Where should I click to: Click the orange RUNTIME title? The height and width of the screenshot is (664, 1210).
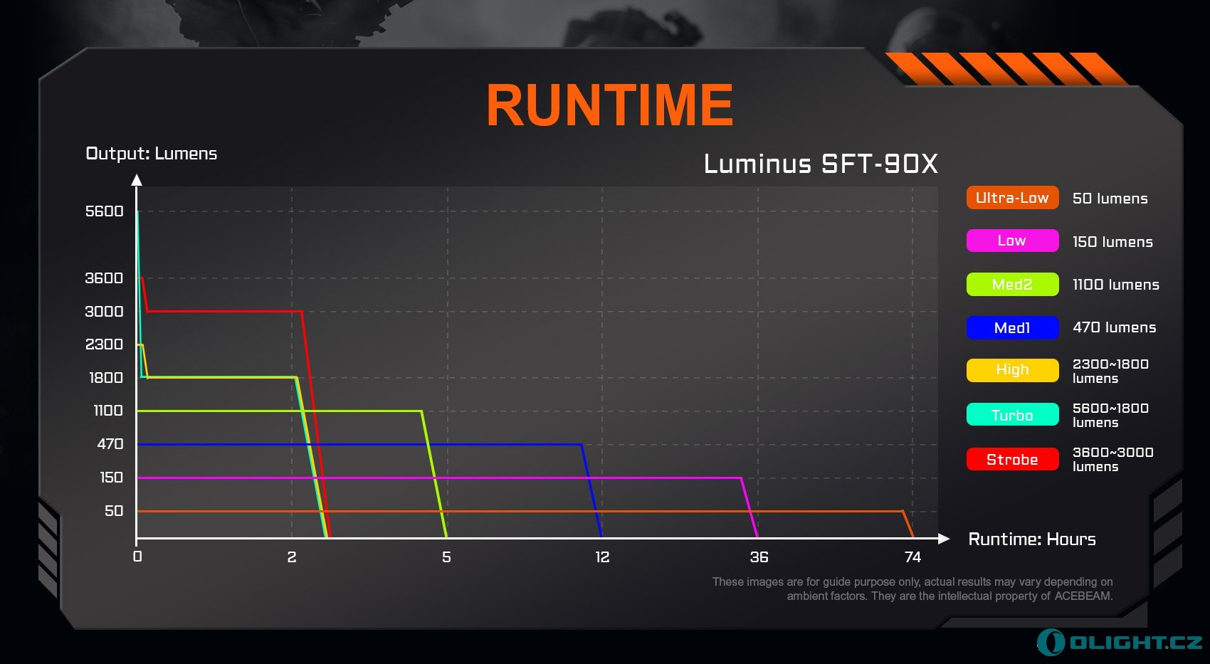(610, 105)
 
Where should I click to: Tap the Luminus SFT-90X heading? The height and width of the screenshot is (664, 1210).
(821, 164)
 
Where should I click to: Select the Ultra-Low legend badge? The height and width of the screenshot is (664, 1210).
(1012, 198)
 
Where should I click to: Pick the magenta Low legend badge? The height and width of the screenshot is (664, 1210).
(1012, 241)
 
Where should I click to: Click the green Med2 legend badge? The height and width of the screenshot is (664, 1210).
(1012, 284)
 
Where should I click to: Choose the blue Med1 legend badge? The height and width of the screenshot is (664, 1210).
(1012, 327)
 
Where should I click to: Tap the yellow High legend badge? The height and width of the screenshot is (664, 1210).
(1012, 370)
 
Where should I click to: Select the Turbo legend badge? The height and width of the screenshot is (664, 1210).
(1012, 414)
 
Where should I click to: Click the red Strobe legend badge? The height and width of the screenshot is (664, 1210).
(1012, 459)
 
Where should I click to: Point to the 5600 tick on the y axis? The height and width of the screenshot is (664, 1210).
(104, 211)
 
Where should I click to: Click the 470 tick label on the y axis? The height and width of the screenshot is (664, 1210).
(110, 444)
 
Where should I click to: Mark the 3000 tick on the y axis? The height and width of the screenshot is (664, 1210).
(104, 311)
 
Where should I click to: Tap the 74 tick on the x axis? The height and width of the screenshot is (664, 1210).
(912, 557)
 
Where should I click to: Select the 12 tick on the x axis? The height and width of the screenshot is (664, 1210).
(602, 557)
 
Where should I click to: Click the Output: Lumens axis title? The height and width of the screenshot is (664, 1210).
(151, 154)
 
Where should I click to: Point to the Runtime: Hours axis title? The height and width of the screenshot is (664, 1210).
(1032, 539)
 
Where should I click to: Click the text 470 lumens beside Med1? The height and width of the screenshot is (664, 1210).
(1115, 327)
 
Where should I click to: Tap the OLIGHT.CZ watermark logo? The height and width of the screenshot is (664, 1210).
(1119, 643)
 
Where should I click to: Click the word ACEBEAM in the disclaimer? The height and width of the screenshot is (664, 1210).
(1083, 596)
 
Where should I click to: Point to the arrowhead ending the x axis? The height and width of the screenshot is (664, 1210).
(944, 539)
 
